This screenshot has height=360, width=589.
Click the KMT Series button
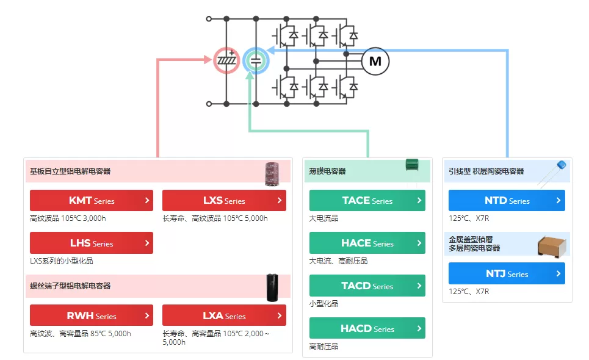[x=92, y=201]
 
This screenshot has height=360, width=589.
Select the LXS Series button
[x=224, y=201]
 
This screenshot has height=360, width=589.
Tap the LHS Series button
[x=92, y=243]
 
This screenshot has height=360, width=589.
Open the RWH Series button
[x=92, y=315]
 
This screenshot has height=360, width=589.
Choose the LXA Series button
[x=224, y=315]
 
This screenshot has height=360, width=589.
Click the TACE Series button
[x=367, y=201]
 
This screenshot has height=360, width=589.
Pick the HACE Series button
[x=367, y=243]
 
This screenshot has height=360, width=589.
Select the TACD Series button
[x=367, y=286]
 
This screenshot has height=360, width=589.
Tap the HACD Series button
[x=367, y=328]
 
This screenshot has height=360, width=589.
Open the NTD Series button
[x=507, y=201]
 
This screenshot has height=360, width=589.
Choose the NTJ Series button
[x=507, y=273]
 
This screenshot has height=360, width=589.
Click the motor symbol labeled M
[x=375, y=61]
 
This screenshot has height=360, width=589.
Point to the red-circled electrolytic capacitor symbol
[x=226, y=60]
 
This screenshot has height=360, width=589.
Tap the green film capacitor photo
[x=412, y=165]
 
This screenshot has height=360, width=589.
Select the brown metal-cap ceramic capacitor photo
[x=552, y=247]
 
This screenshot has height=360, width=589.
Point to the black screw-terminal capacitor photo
[x=272, y=288]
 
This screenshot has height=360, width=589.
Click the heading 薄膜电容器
[x=327, y=171]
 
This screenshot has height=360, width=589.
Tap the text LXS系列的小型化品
[x=62, y=261]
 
